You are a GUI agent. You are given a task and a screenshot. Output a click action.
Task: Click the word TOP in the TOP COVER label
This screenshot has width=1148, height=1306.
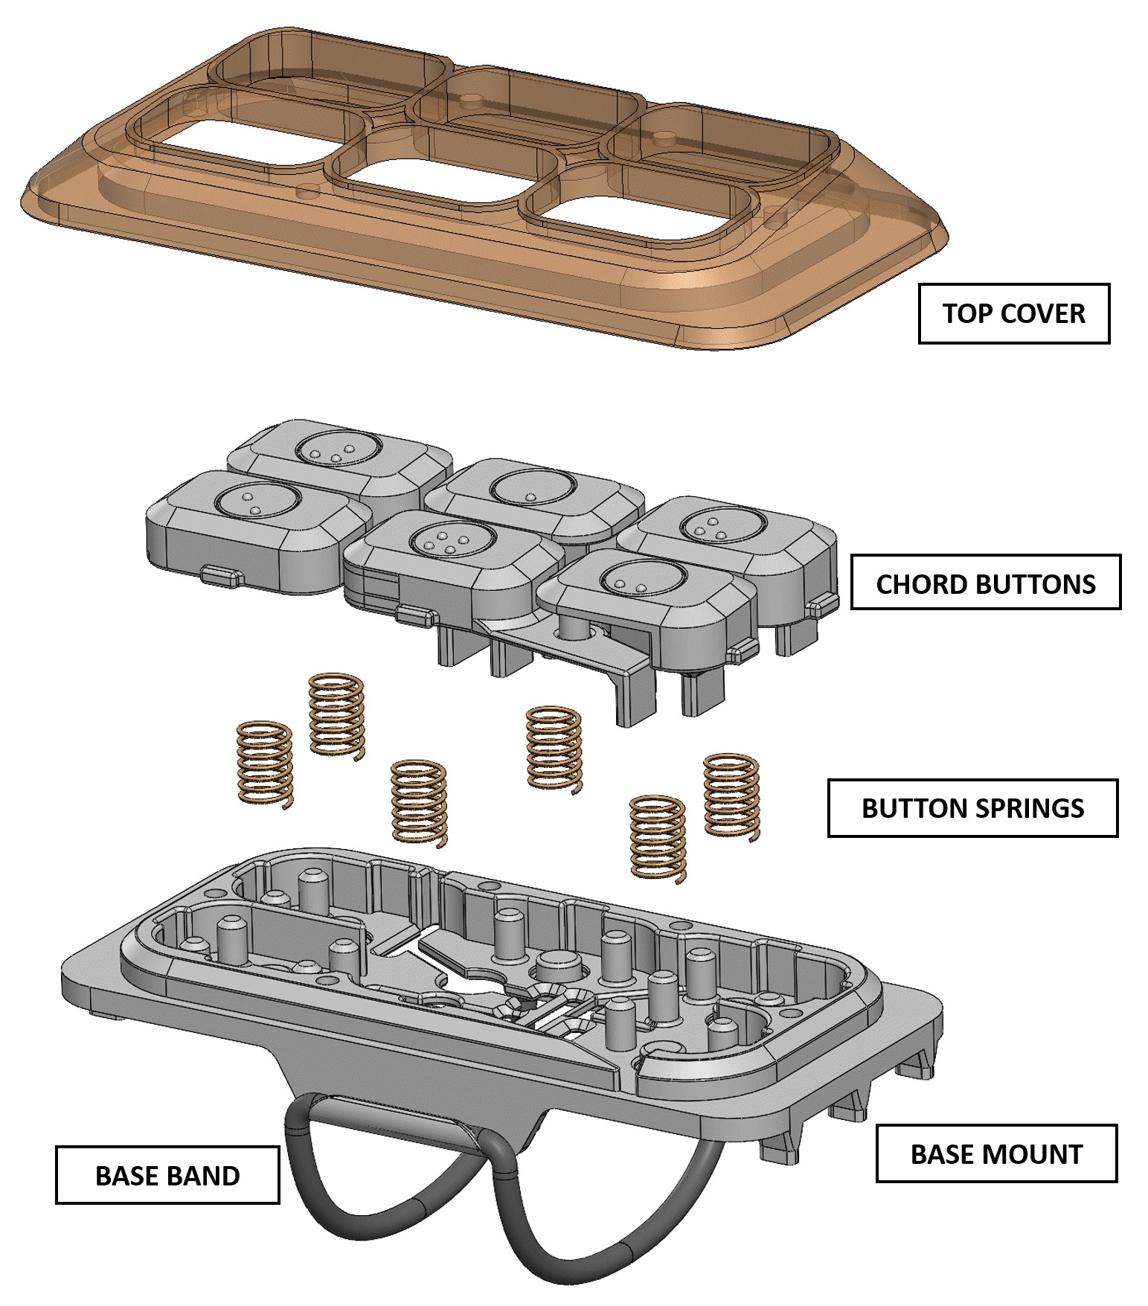tap(966, 313)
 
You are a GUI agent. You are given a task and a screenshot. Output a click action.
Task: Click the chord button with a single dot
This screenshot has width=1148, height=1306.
tap(533, 488)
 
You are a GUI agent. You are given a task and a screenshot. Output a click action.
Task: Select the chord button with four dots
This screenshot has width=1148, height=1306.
tap(446, 540)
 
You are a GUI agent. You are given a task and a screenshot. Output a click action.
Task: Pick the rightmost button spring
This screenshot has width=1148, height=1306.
tap(732, 797)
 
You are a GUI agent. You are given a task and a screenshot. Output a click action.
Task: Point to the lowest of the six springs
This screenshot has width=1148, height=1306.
tap(658, 839)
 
